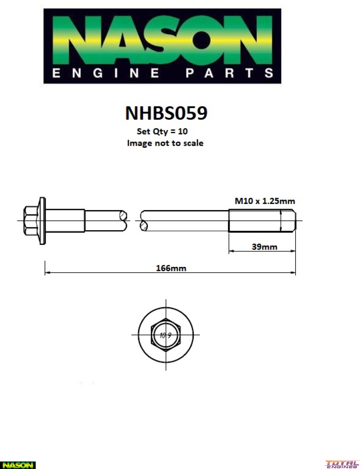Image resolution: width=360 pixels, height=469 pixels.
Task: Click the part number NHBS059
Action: point(166,113)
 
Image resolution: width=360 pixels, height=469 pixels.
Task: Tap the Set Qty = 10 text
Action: point(162,132)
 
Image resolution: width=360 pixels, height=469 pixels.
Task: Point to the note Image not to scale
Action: point(165,143)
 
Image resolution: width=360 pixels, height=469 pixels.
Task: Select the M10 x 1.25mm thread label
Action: point(265,201)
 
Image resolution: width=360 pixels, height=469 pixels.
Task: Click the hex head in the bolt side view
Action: point(31,220)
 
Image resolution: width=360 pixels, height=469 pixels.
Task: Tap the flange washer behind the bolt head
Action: point(43,220)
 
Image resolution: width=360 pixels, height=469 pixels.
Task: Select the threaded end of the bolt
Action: point(261,220)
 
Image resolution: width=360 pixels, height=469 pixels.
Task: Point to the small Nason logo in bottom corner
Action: point(17,465)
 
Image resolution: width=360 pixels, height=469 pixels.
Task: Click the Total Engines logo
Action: point(342,464)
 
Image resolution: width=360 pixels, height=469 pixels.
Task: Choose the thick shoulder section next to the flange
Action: point(66,220)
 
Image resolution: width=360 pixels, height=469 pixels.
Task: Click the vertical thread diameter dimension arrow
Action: point(281,220)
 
